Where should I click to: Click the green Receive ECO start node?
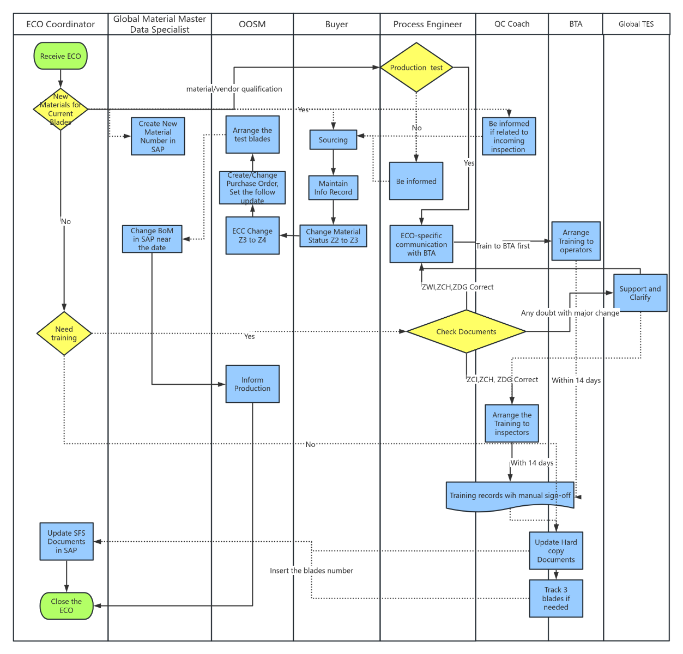point(61,56)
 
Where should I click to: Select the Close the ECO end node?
point(67,606)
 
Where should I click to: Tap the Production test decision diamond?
point(416,68)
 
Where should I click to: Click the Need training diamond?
point(64,334)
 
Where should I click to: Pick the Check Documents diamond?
point(466,331)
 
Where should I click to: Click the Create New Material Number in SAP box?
point(158,136)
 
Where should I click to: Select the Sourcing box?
point(333,140)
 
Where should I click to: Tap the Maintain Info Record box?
point(333,187)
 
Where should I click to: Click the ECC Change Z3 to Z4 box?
point(252,235)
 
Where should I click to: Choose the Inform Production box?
point(252,384)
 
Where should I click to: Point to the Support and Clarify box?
point(640,293)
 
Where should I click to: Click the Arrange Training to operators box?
point(576,241)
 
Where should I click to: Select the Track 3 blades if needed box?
point(555,598)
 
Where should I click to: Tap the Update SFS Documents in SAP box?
point(67,542)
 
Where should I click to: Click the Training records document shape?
point(510,496)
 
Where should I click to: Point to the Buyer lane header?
point(336,24)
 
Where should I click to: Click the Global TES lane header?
point(636,24)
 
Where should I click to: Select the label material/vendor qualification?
point(234,89)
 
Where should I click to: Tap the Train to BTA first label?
point(503,246)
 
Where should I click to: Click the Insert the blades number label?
point(311,571)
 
